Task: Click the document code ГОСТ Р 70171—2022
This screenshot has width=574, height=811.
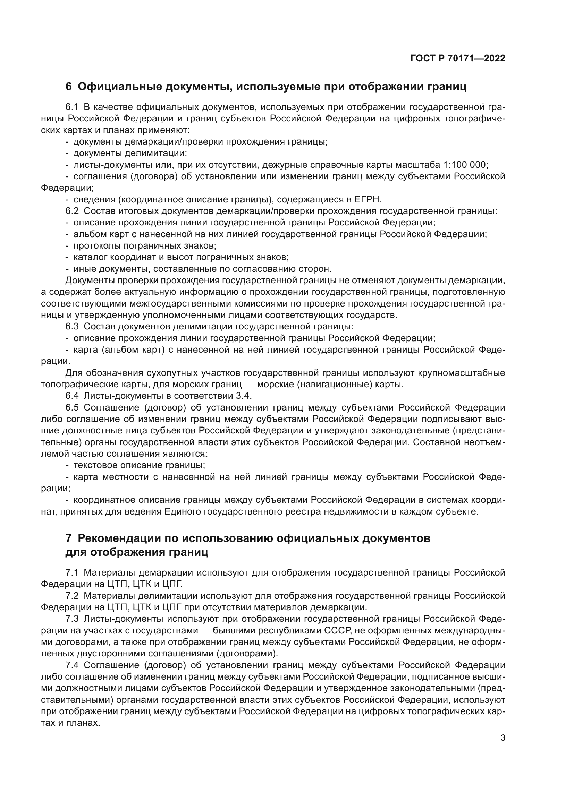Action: (x=457, y=59)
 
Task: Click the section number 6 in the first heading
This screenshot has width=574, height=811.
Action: (x=69, y=87)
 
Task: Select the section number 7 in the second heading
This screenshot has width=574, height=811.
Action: (x=69, y=538)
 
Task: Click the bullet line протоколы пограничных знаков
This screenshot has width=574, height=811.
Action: (x=145, y=246)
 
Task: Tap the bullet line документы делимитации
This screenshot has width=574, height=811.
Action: (x=130, y=153)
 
